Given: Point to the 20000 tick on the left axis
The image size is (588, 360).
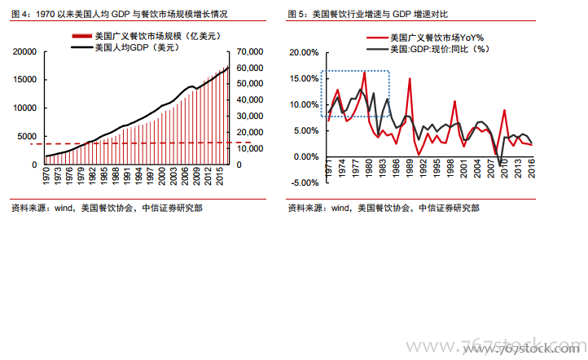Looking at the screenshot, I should point(27,51).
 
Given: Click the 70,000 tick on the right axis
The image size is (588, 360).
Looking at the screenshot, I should point(250,51).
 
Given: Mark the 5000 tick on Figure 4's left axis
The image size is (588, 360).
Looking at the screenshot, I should point(29,136).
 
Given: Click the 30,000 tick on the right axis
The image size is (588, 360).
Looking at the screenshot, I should point(250,116).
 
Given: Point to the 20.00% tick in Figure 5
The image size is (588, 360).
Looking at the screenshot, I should point(305,52).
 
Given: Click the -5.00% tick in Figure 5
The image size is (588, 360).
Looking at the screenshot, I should point(305,182).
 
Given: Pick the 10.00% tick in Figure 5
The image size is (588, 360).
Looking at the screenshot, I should point(305,104).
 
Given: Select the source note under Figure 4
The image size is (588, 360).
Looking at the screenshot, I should point(107,208).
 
